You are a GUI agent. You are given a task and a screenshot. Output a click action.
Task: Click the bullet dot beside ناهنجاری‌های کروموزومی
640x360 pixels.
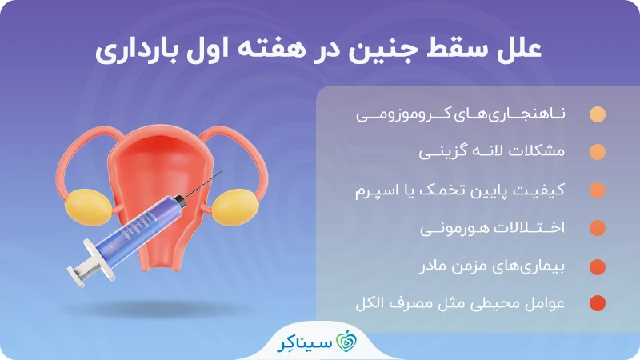coord(597,114)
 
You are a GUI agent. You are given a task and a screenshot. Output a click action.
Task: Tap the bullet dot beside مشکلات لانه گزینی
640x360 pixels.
coord(597,152)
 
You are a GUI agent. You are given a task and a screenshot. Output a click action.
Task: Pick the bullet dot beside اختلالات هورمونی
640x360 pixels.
coord(597,228)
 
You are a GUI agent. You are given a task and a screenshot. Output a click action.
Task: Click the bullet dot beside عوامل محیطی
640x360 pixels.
coord(597,304)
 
